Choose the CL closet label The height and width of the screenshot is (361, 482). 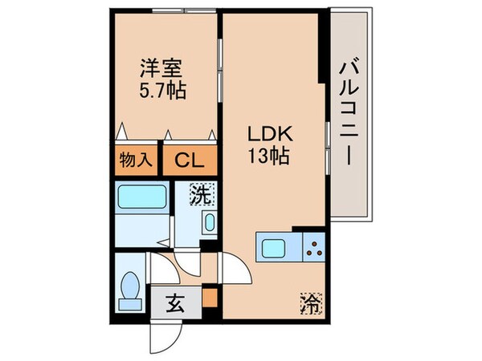click(190, 159)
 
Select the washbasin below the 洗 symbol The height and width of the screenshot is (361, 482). click(207, 222)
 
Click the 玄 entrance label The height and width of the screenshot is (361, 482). click(174, 304)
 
